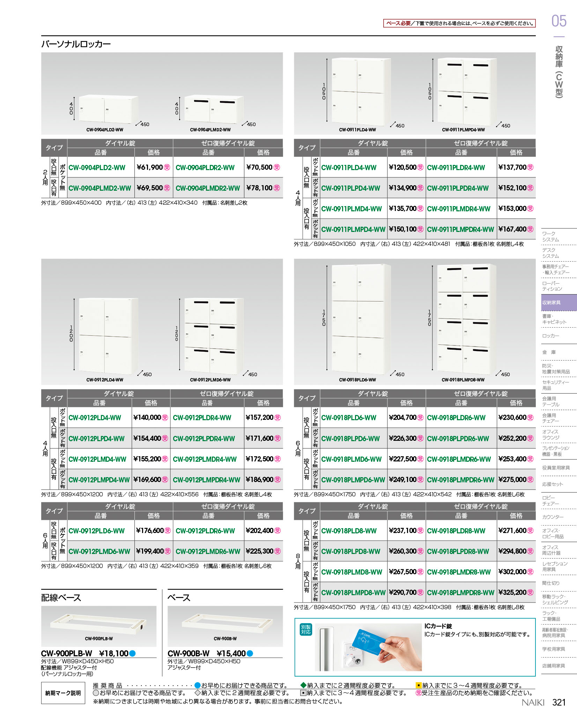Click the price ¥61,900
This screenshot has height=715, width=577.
tap(150, 167)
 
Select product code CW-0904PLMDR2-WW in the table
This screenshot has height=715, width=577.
tap(208, 188)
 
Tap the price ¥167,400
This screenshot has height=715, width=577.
tap(512, 229)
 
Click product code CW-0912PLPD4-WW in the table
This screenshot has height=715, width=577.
tap(96, 439)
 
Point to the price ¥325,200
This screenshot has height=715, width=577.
tap(512, 592)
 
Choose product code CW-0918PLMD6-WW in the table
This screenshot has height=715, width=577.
tap(351, 459)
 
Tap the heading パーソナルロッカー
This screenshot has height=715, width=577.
tap(76, 44)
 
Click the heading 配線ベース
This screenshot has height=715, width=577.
tap(61, 598)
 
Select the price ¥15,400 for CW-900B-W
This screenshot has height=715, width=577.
tap(231, 654)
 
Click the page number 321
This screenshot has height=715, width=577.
tap(559, 702)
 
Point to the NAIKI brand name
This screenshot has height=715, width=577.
tap(533, 702)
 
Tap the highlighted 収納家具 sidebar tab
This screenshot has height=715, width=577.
tap(559, 302)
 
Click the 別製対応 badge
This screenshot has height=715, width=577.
tap(306, 630)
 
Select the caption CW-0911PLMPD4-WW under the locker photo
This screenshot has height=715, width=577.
tap(463, 130)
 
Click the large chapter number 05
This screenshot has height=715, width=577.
tap(559, 21)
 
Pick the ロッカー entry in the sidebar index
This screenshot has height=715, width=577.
tap(550, 336)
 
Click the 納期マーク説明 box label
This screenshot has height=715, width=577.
tap(63, 693)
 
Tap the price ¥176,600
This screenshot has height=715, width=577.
tap(150, 531)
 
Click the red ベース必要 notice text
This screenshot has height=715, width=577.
tap(398, 23)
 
